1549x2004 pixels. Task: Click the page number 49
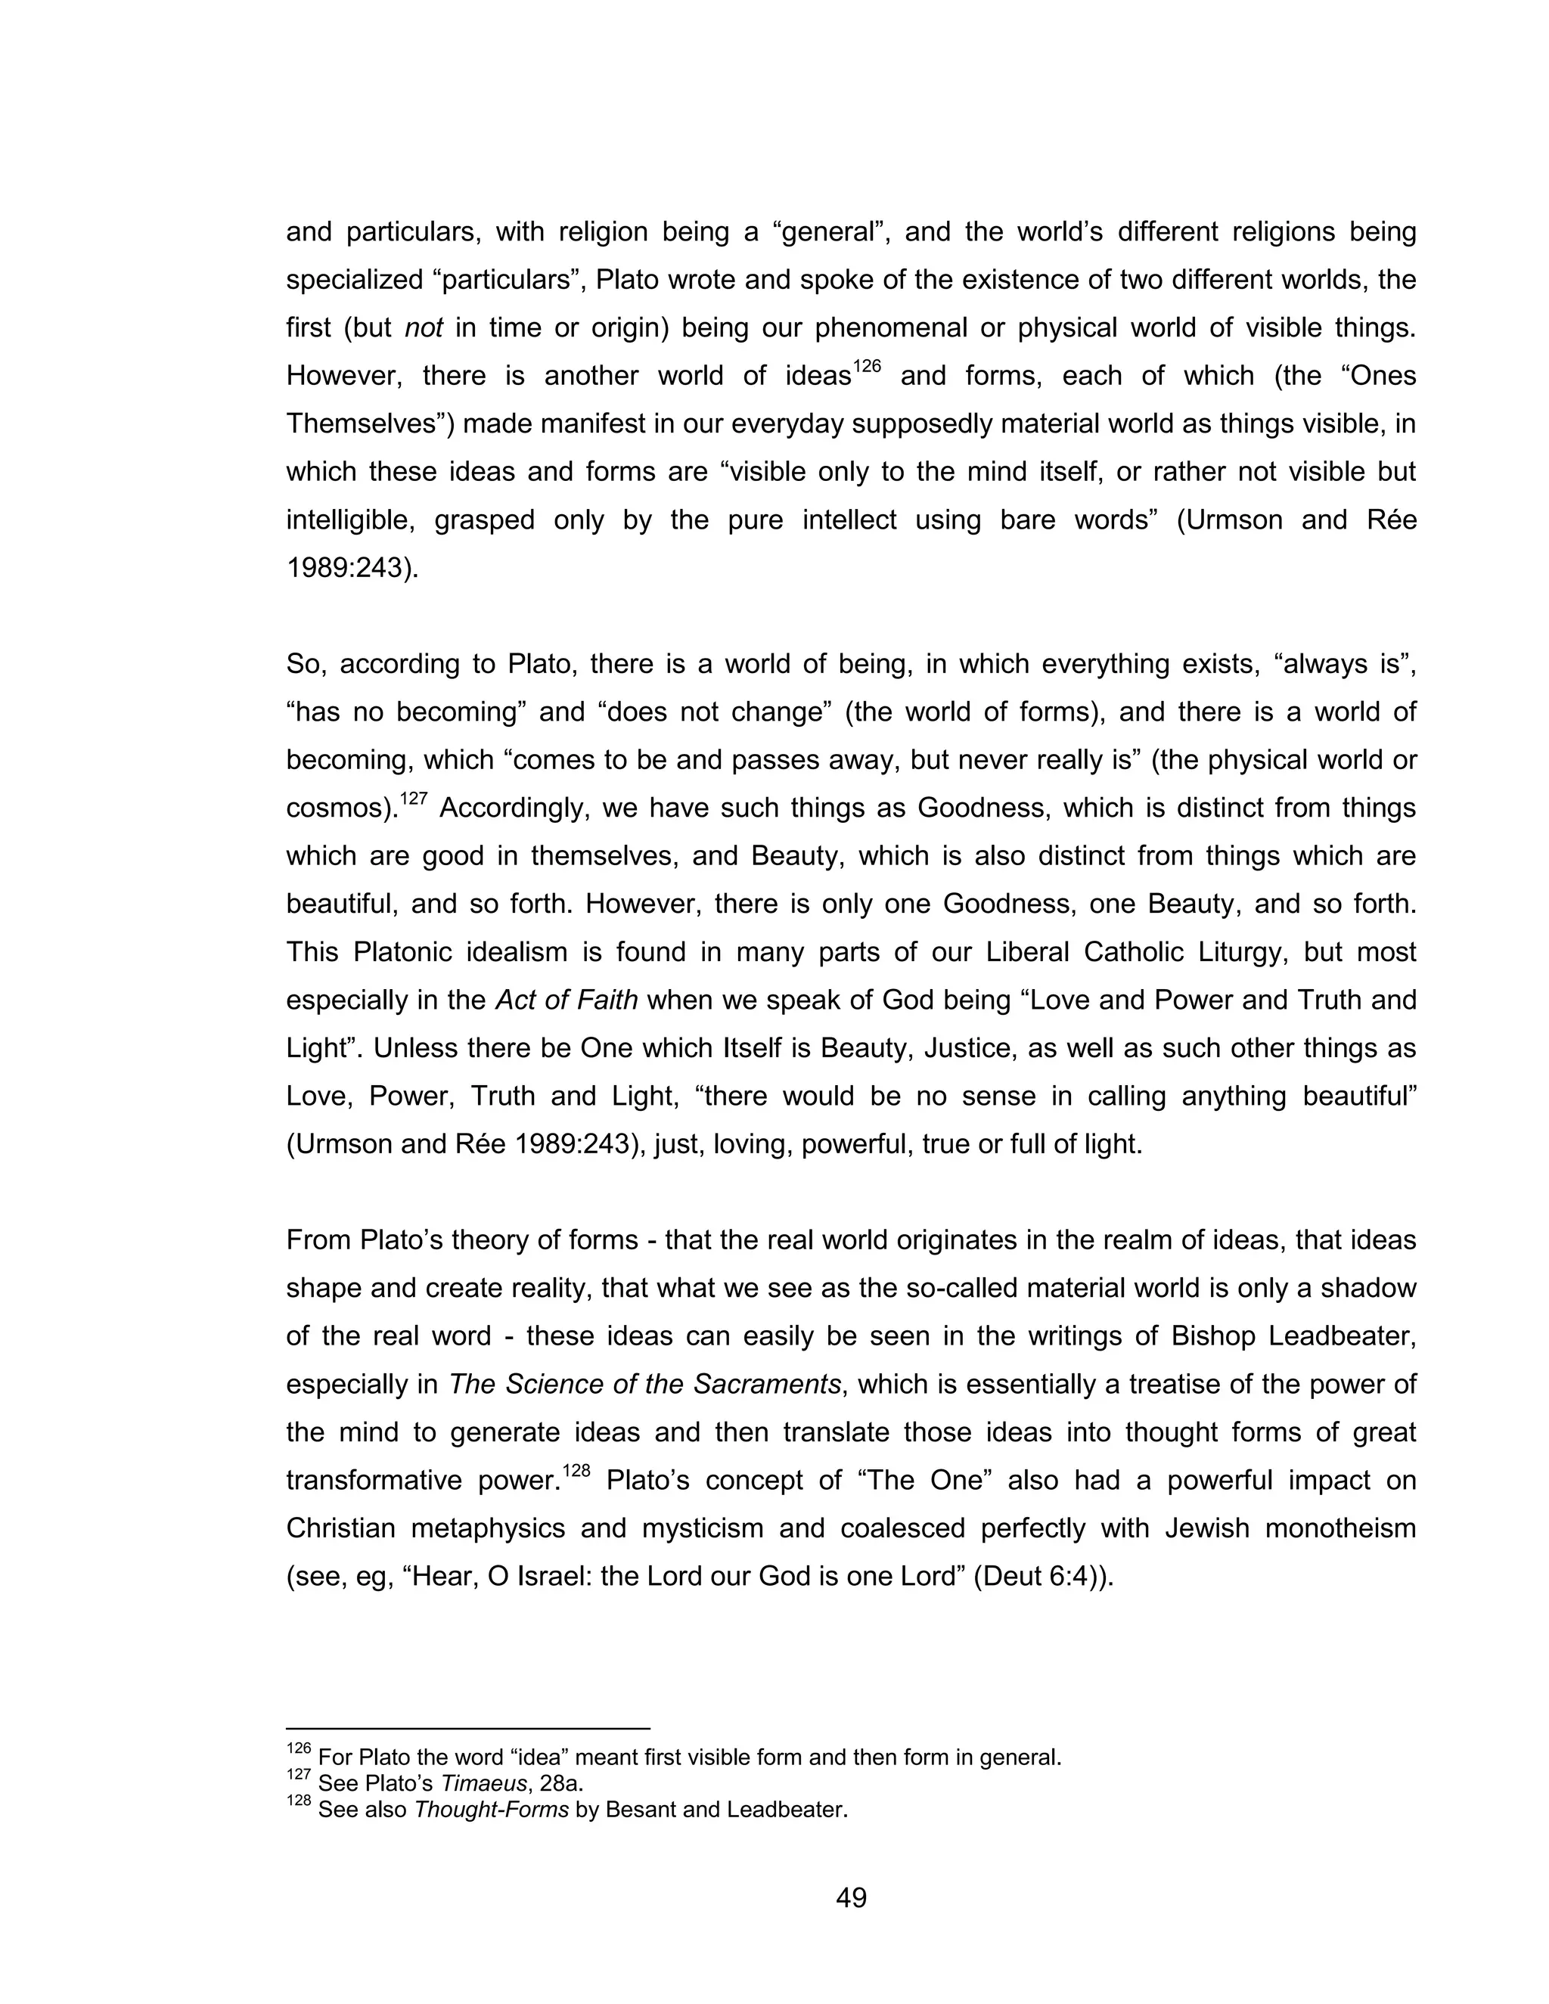pyautogui.click(x=851, y=1897)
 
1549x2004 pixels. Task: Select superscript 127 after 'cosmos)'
pyautogui.click(x=414, y=799)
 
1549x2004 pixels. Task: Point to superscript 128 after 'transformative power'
pyautogui.click(x=576, y=1471)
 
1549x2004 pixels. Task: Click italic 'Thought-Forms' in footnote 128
pyautogui.click(x=491, y=1810)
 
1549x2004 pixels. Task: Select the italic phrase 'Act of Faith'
pyautogui.click(x=567, y=999)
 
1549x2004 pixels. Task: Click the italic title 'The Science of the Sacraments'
pyautogui.click(x=644, y=1384)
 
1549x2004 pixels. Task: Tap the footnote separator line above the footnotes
pyautogui.click(x=468, y=1729)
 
